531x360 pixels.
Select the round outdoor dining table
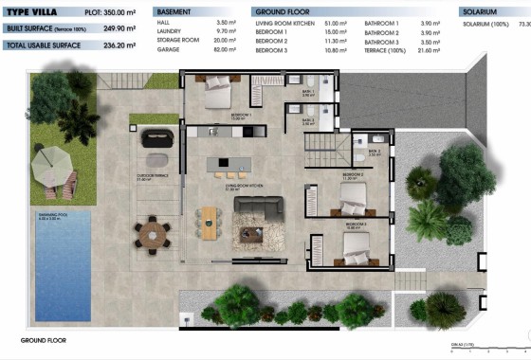coord(150,229)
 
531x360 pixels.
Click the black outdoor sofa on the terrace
coord(156,139)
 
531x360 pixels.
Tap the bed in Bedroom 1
coord(217,91)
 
